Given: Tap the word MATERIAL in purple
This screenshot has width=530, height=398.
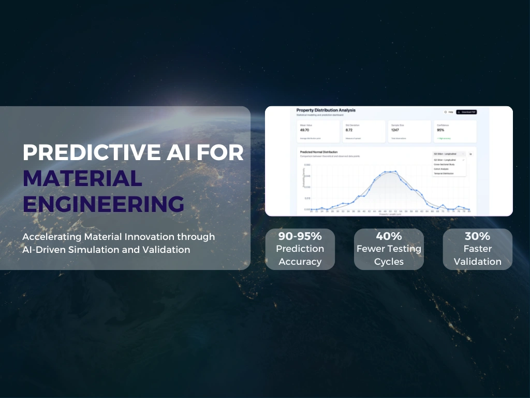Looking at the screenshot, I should click(82, 178).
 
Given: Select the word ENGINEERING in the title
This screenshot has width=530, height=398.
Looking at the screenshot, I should click(103, 204).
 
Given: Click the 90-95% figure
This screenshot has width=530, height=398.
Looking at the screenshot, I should click(300, 236).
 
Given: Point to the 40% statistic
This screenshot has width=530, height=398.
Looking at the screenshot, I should click(389, 236).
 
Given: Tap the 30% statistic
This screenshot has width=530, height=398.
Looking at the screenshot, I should click(477, 236).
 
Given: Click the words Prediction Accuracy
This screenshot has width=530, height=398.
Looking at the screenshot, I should click(300, 255).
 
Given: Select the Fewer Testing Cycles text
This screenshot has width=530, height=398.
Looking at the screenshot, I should click(389, 255).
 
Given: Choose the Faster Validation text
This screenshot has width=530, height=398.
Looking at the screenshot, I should click(477, 255).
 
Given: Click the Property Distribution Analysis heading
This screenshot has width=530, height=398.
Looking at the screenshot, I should click(326, 110).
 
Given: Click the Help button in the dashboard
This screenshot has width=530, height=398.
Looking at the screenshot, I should click(448, 112).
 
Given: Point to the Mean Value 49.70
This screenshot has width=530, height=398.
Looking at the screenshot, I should click(304, 131).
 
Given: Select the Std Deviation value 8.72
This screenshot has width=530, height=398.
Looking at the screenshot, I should click(349, 131).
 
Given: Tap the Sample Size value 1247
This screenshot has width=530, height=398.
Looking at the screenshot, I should click(395, 131).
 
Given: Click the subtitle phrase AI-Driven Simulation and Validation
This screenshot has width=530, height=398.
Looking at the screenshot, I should click(106, 250).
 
